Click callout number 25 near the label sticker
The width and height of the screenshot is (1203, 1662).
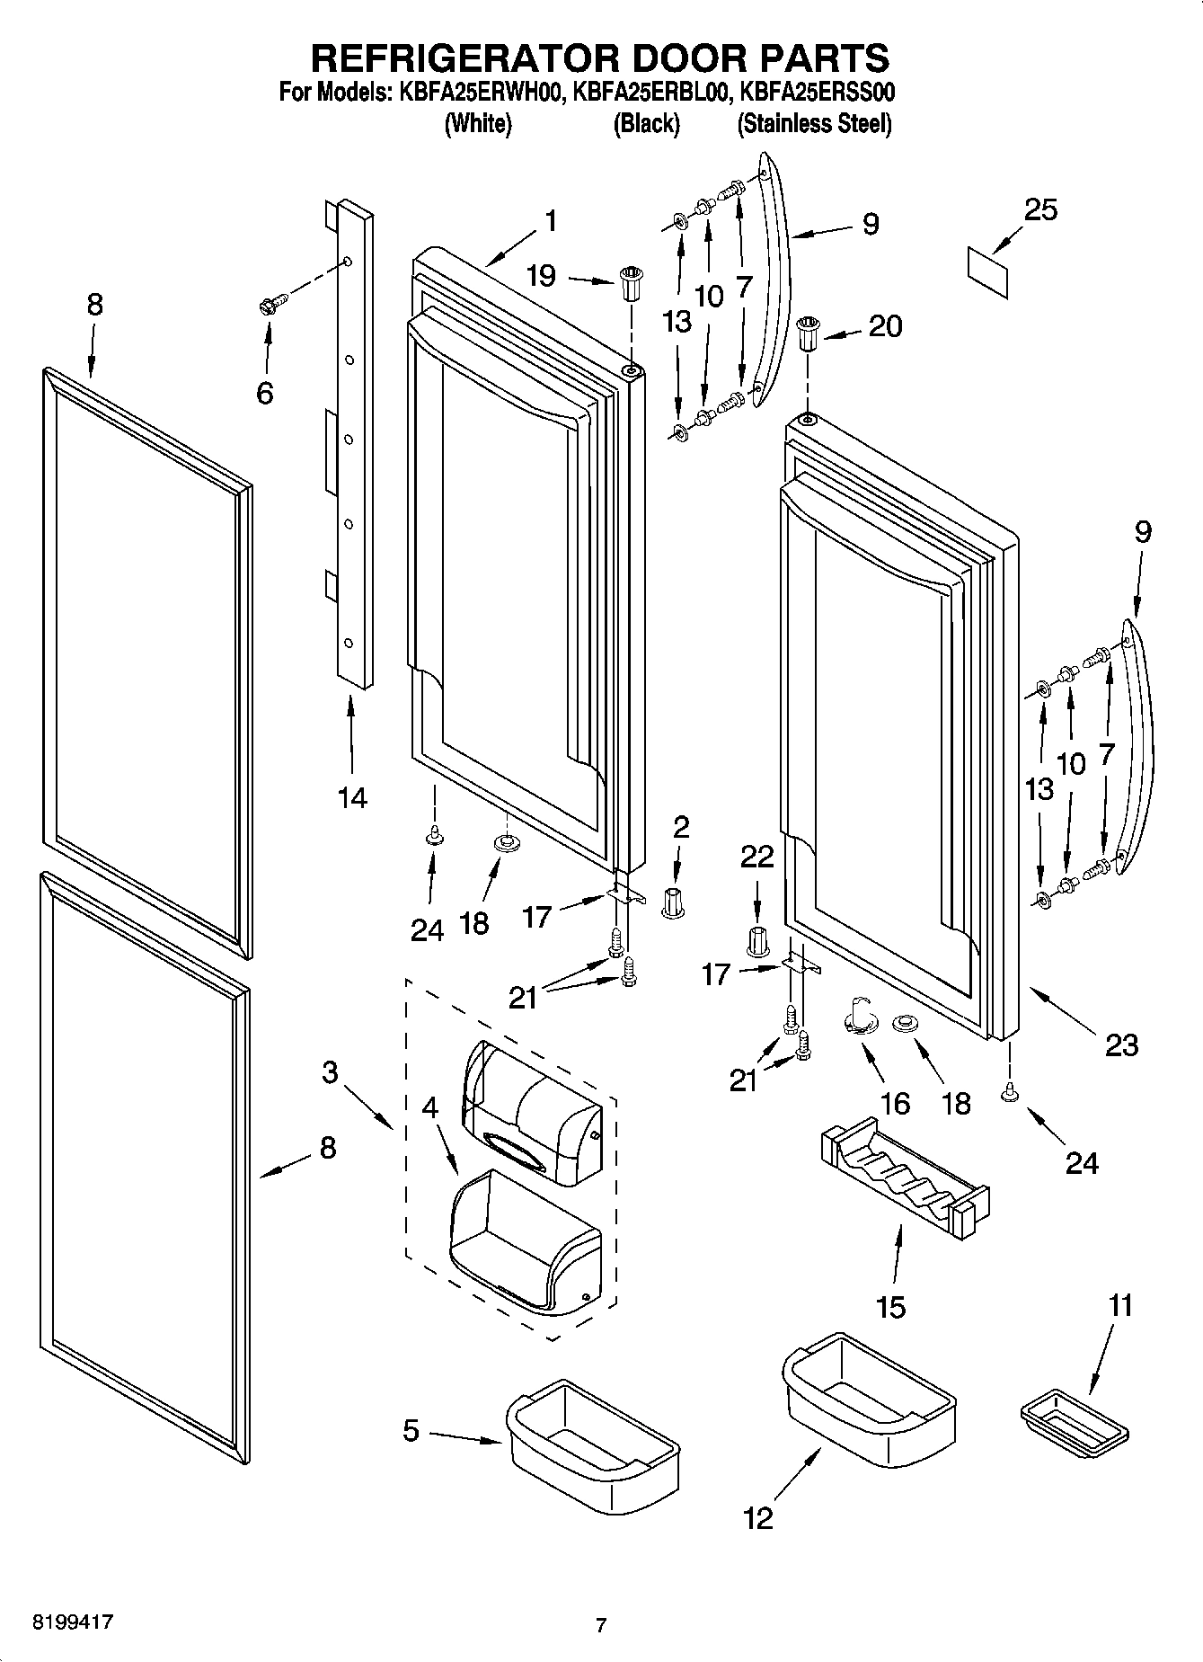1040,209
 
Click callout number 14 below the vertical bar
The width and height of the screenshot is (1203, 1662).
352,796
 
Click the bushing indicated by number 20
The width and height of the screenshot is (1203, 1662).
808,334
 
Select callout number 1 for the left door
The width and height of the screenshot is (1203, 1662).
550,221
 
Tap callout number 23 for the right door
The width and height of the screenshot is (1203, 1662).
1121,1044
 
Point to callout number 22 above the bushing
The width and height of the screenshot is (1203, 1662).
756,857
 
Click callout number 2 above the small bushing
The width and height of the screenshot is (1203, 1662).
681,827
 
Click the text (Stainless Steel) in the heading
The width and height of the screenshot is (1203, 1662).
814,124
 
